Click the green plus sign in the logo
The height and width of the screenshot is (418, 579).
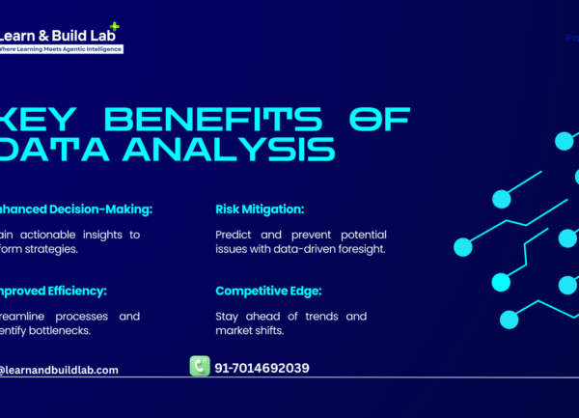pos(116,26)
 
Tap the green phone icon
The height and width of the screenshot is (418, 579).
pos(200,366)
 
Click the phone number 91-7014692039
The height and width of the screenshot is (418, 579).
pos(262,368)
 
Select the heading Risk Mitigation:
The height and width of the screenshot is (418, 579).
pos(260,209)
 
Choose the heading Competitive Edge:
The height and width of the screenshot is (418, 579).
pos(269,291)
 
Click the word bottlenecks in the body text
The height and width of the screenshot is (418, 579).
pos(61,331)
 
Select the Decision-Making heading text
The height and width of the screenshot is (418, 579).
pos(97,209)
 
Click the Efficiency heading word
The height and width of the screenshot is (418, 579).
pos(72,291)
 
